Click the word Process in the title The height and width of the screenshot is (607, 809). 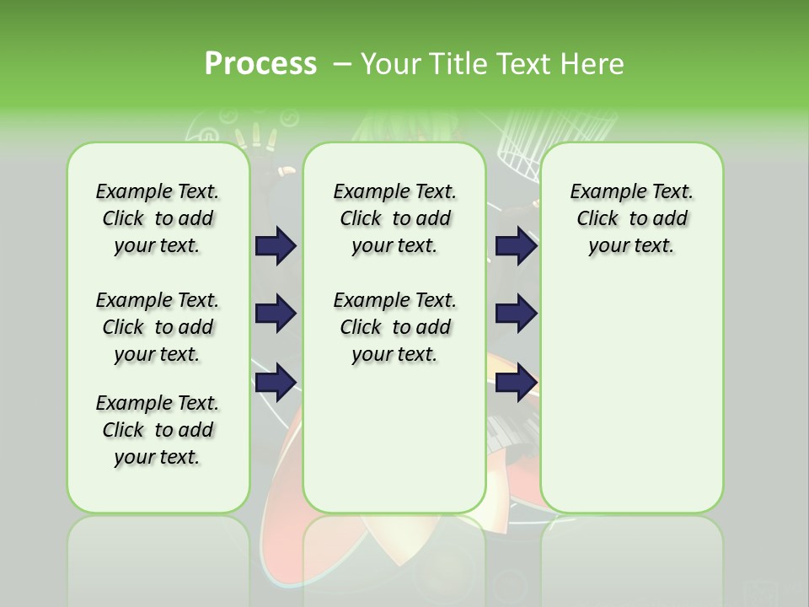[x=260, y=63]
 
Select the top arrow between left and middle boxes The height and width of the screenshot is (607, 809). [x=276, y=245]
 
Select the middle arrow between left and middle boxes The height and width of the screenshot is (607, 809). [x=276, y=314]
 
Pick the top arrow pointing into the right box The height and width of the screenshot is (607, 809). [x=516, y=245]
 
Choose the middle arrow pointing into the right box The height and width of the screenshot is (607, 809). [x=516, y=314]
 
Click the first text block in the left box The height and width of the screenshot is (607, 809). [x=158, y=218]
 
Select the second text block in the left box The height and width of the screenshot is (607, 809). [x=158, y=327]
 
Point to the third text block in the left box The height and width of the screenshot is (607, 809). [x=158, y=430]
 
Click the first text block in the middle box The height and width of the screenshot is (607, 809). [x=394, y=218]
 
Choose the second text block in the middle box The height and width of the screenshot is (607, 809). [x=394, y=327]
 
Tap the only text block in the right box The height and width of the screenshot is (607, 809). [x=631, y=218]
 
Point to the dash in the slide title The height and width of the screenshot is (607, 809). [x=341, y=64]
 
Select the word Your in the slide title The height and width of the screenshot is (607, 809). [x=391, y=64]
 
